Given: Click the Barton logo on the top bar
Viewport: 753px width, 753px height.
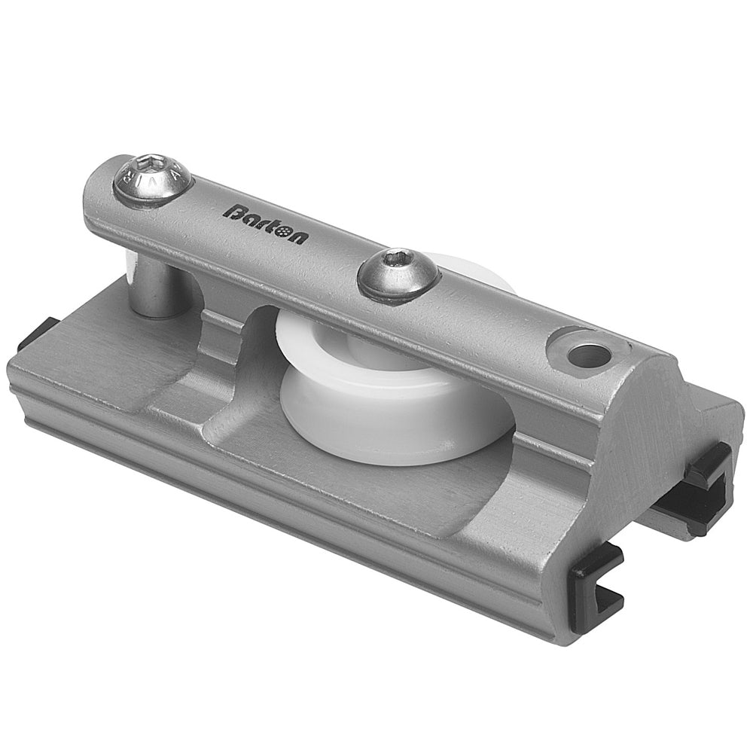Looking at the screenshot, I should coord(264,224).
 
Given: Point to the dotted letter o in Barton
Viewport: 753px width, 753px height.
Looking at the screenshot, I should coord(284,232).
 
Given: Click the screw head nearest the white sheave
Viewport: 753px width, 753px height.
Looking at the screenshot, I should coord(398,275).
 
